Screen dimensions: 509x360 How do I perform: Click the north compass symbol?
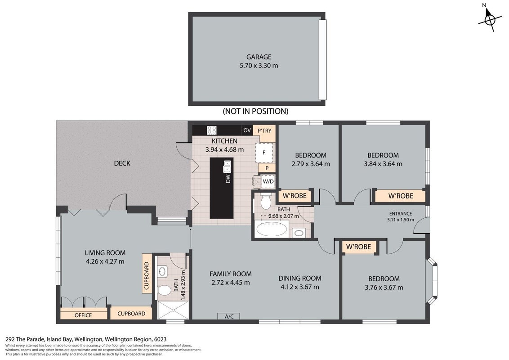point(490,19)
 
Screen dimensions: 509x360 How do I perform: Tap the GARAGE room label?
point(259,57)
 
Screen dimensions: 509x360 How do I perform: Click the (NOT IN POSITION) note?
point(255,111)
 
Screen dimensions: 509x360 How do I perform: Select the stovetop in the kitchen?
point(212,130)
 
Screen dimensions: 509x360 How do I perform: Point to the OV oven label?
point(247,130)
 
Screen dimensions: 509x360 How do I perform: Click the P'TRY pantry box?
point(264,133)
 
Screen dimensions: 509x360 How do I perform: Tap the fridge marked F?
point(264,152)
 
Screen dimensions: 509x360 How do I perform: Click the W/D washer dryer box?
point(268,182)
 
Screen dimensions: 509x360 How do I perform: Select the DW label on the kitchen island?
point(228,179)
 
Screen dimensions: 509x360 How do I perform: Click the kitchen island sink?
point(227,166)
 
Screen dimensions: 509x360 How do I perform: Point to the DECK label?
point(122,163)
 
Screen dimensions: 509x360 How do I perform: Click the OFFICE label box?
point(84,315)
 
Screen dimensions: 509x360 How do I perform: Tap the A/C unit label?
point(229,316)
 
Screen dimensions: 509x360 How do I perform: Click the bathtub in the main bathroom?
point(272,229)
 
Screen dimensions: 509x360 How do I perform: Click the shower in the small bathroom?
point(173,310)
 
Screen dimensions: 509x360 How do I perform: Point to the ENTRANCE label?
point(401,213)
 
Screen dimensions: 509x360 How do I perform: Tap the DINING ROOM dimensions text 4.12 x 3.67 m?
point(299,287)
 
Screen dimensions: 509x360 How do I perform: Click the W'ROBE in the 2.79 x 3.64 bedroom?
point(295,196)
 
